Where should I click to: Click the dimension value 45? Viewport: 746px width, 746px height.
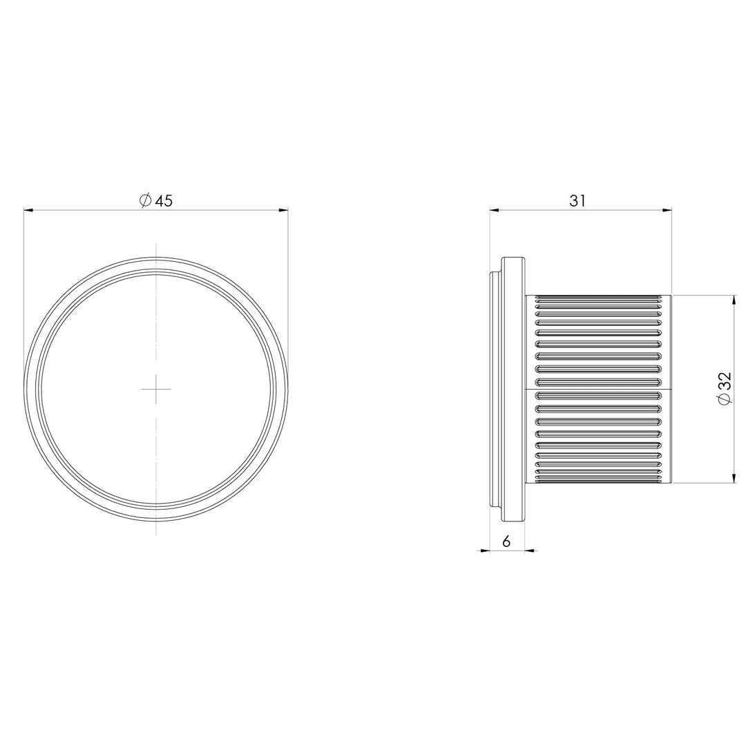[164, 201]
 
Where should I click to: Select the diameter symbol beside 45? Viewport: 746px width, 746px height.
[145, 200]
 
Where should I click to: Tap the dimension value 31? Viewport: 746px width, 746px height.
[577, 201]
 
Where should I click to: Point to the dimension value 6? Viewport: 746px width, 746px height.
[506, 542]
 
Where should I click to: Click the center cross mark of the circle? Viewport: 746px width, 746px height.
[156, 389]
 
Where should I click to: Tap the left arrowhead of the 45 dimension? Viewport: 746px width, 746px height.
[28, 209]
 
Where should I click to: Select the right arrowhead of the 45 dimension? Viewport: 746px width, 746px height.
[284, 209]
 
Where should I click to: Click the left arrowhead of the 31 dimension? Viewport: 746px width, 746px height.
[495, 209]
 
